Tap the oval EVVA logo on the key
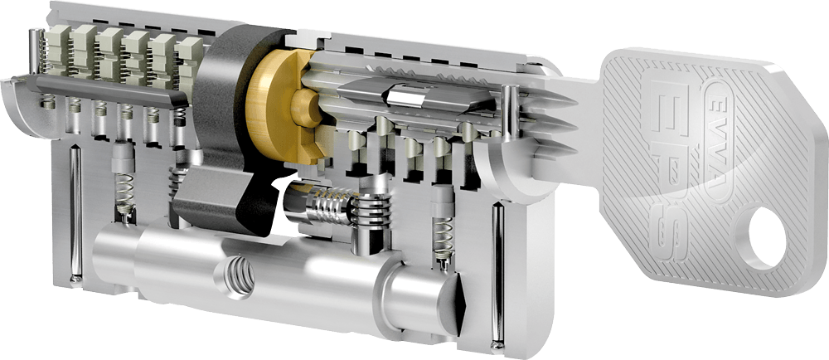coord(722,141)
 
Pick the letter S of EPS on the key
coord(671,227)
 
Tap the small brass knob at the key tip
coord(305,108)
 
